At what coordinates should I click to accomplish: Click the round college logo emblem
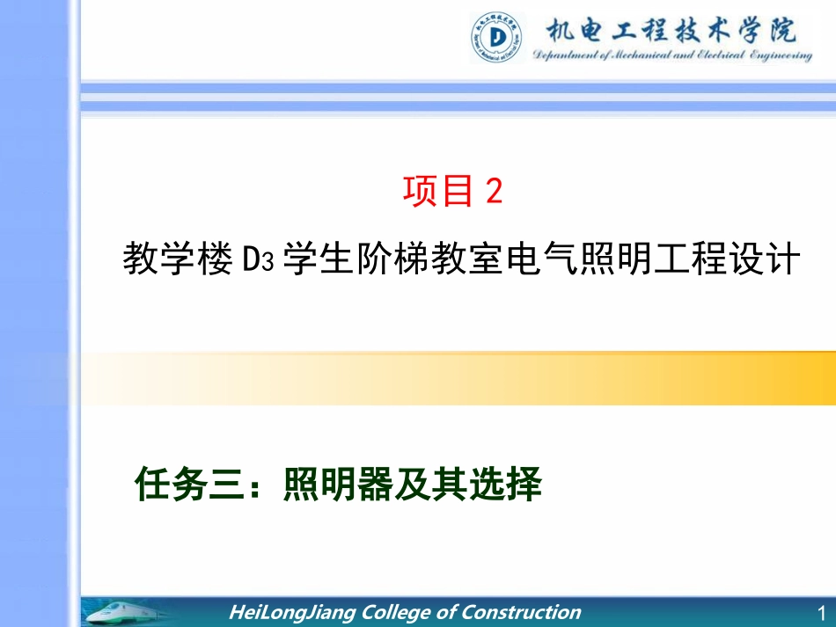499,37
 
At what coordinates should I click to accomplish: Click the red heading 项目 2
452,191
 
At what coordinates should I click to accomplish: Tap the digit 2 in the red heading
494,191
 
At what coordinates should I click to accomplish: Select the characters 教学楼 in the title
176,260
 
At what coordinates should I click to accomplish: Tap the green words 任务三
192,485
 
